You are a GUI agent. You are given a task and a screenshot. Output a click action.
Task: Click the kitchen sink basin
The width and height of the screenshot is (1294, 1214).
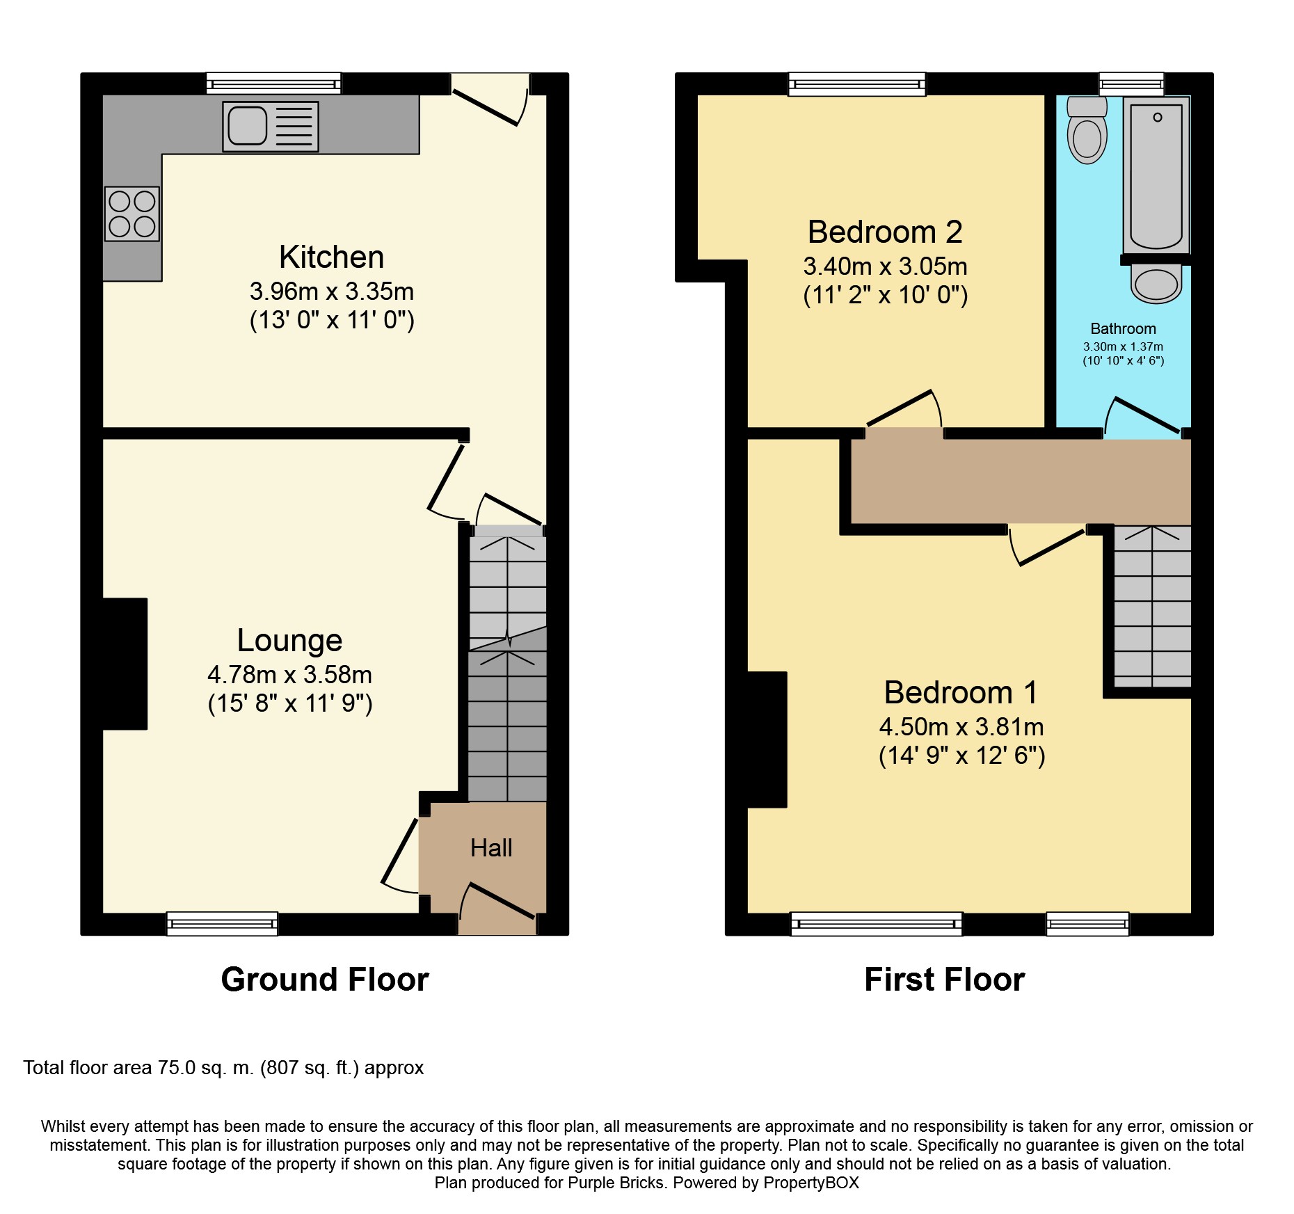(x=248, y=126)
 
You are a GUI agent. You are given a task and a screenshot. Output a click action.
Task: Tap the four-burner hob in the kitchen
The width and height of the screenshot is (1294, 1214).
(x=132, y=214)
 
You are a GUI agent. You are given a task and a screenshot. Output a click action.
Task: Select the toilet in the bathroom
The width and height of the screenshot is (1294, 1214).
(x=1087, y=130)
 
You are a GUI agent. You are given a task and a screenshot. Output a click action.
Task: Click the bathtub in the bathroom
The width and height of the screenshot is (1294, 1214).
(x=1156, y=175)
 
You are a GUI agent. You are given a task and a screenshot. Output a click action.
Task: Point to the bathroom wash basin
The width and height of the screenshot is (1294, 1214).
(x=1156, y=284)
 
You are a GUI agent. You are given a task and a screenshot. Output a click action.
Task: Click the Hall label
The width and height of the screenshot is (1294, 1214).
(x=491, y=848)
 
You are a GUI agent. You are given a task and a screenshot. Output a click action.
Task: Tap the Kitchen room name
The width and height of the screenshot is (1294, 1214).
(x=331, y=257)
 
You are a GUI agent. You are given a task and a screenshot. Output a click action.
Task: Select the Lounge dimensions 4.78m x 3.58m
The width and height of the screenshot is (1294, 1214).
(x=289, y=675)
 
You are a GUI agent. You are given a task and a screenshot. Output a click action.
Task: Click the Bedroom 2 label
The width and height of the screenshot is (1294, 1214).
(x=885, y=232)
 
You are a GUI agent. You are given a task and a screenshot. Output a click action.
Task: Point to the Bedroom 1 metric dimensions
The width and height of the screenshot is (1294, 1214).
(x=961, y=727)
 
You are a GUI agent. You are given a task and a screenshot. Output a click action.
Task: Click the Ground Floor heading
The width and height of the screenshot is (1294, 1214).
(x=325, y=980)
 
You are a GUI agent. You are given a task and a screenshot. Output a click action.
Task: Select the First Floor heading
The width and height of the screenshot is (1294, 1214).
(x=945, y=980)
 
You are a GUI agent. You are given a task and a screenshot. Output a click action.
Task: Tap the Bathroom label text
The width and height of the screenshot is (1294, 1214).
(x=1123, y=329)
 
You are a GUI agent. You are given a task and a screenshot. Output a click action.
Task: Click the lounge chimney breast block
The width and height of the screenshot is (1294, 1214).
(x=125, y=664)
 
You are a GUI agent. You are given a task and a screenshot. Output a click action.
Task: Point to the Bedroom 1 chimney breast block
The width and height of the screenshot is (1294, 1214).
(x=767, y=740)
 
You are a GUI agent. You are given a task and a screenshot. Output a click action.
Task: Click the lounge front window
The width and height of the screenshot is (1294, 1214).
(x=222, y=923)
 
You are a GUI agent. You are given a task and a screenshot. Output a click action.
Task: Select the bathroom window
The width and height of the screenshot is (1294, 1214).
(x=1131, y=84)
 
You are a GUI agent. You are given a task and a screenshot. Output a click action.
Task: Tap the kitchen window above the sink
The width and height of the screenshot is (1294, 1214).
(x=274, y=83)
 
